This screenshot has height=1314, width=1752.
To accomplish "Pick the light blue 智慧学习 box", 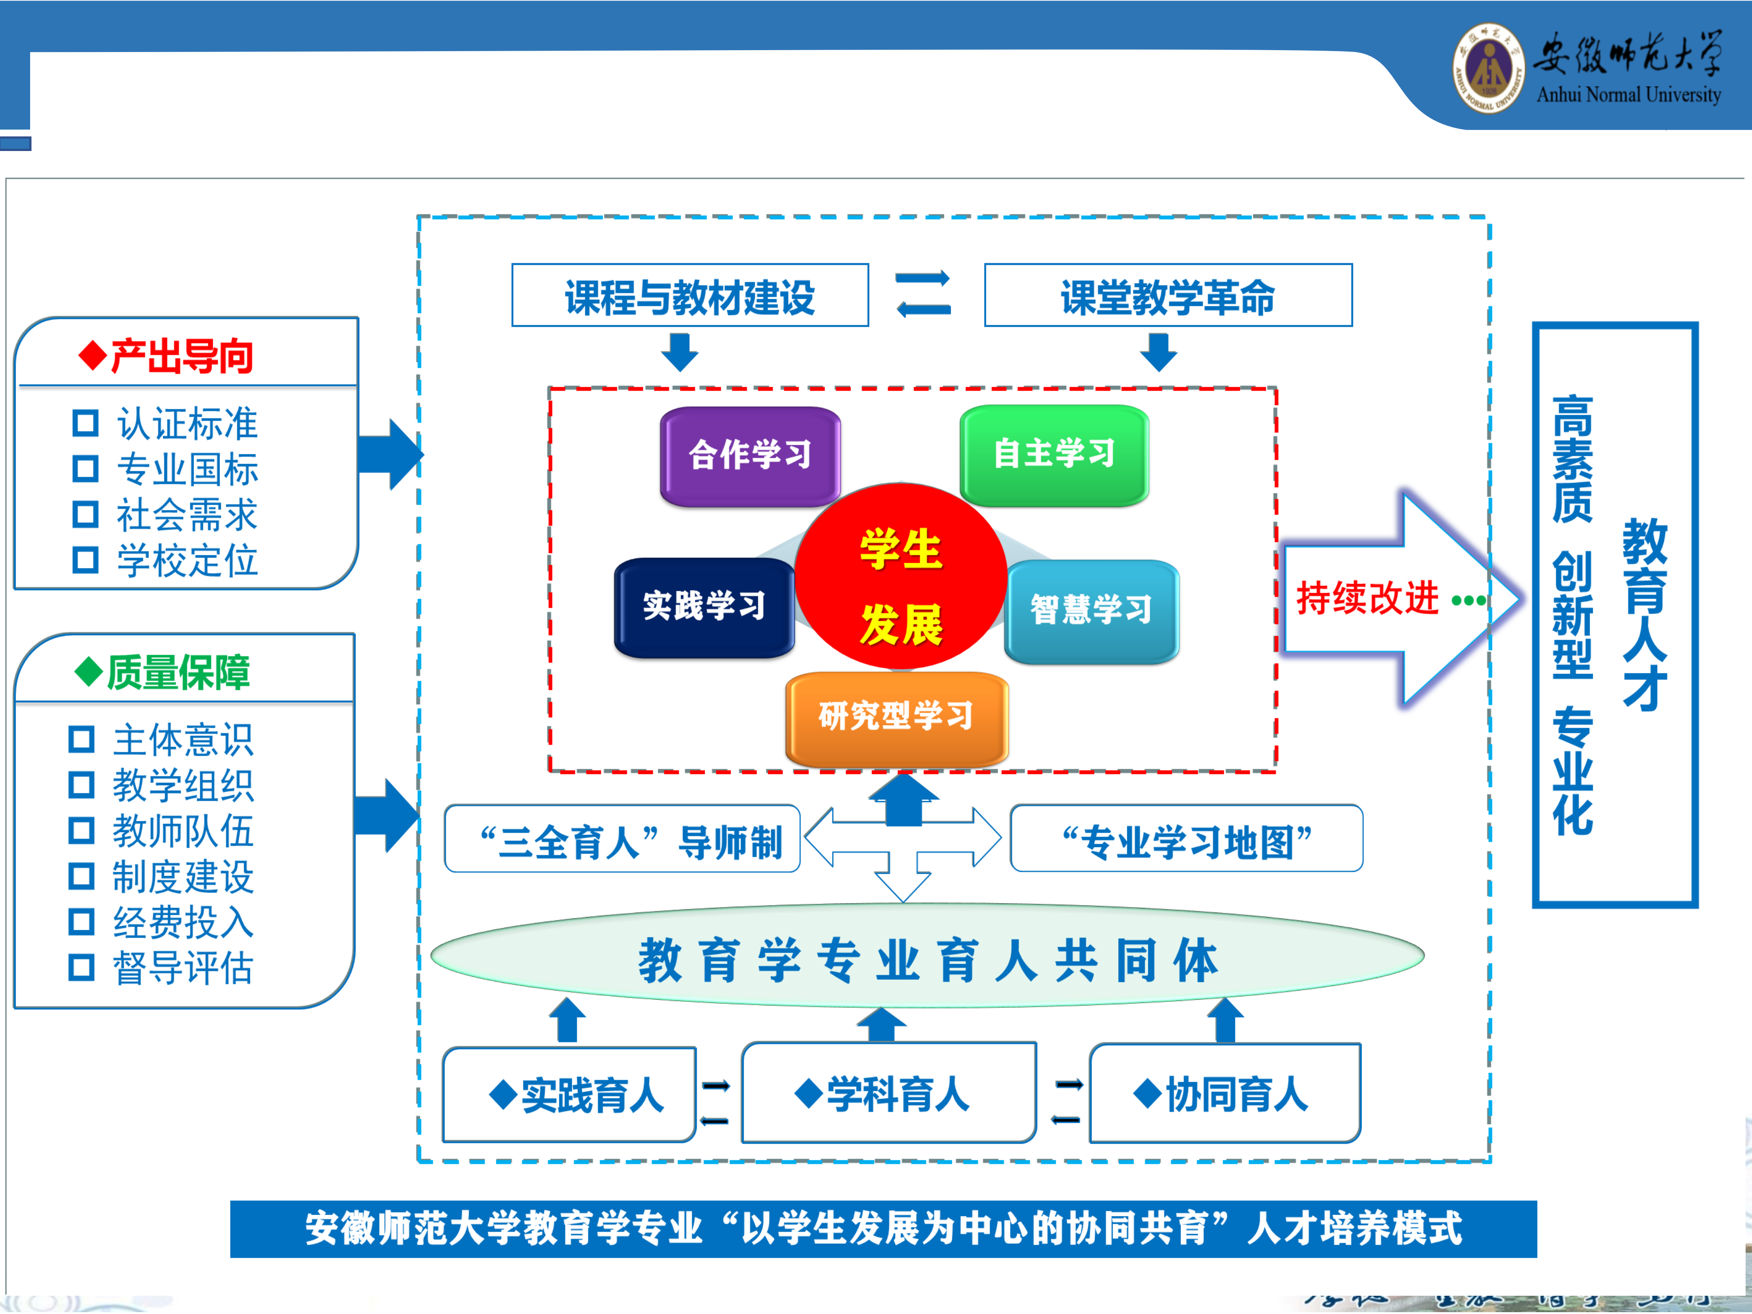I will [1091, 610].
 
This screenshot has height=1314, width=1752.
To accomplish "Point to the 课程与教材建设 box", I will [690, 296].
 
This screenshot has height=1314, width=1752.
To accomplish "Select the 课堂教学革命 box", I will [1168, 296].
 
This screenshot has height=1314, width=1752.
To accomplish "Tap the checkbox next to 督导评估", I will [82, 967].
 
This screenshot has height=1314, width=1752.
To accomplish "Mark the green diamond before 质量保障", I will [89, 672].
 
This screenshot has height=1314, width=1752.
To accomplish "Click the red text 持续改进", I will [1367, 598].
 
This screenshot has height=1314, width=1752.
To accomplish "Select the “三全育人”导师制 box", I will [622, 839].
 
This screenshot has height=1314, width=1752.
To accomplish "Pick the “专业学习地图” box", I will [1186, 839].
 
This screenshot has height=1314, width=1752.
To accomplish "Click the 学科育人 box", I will [889, 1093].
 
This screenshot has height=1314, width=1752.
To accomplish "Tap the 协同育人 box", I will [1225, 1094].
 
